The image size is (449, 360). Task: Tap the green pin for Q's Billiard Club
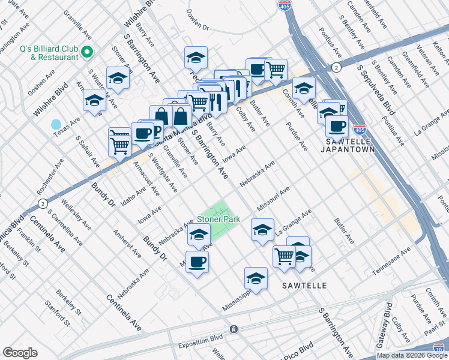click(x=88, y=52)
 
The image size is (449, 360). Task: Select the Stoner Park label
click(x=219, y=219)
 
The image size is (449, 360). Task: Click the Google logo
click(x=20, y=353)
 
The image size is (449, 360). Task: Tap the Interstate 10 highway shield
click(x=439, y=347)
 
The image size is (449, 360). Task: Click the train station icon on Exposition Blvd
click(x=234, y=329)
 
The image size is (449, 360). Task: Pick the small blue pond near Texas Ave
click(x=56, y=124)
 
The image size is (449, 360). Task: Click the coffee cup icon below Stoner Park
click(x=197, y=262)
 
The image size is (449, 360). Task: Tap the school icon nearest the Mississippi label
click(x=256, y=278)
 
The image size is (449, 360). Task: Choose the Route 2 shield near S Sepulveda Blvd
click(x=337, y=67)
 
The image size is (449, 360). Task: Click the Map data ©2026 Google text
click(x=411, y=355)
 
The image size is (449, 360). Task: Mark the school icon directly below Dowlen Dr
click(x=196, y=58)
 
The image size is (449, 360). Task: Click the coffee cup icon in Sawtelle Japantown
click(x=337, y=126)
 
